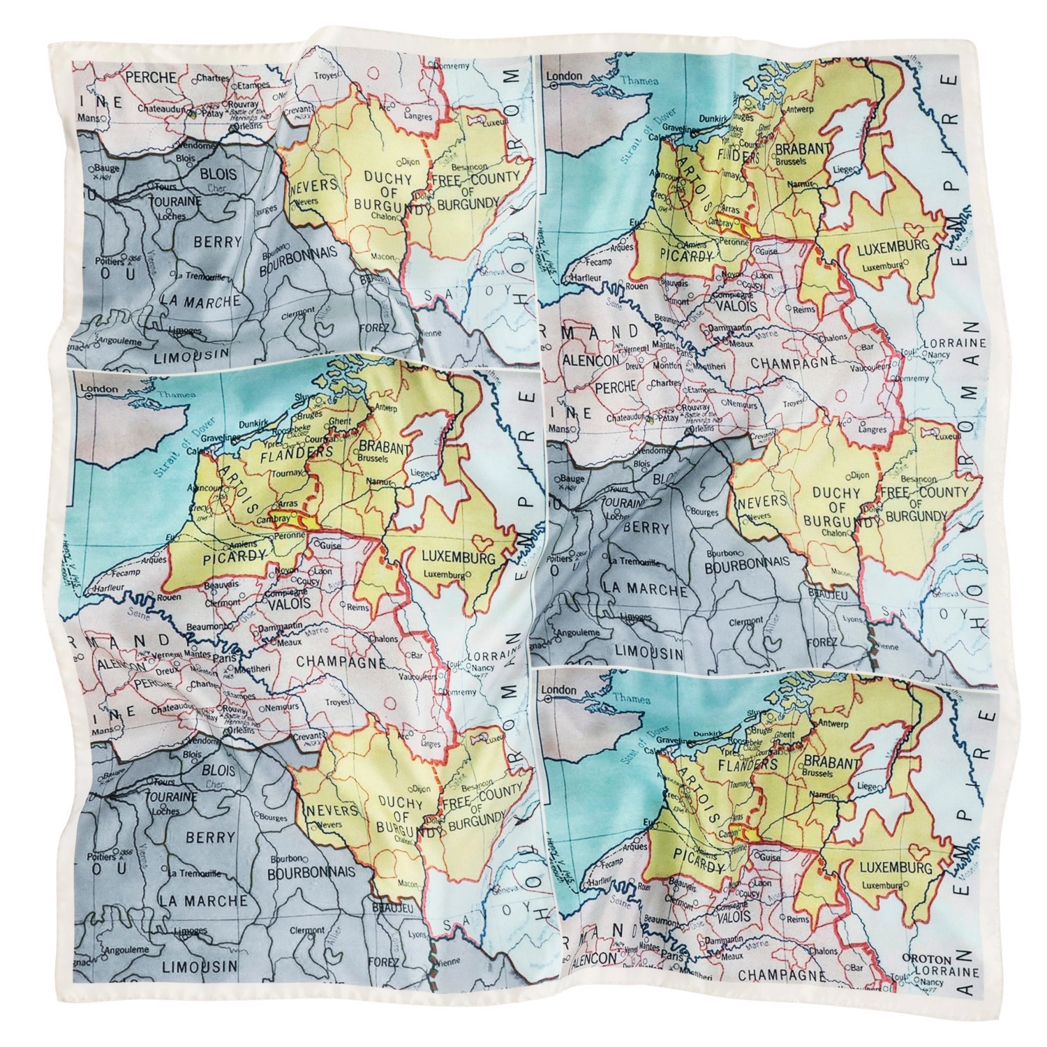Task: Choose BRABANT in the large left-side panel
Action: click(382, 449)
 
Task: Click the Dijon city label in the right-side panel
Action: click(860, 475)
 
